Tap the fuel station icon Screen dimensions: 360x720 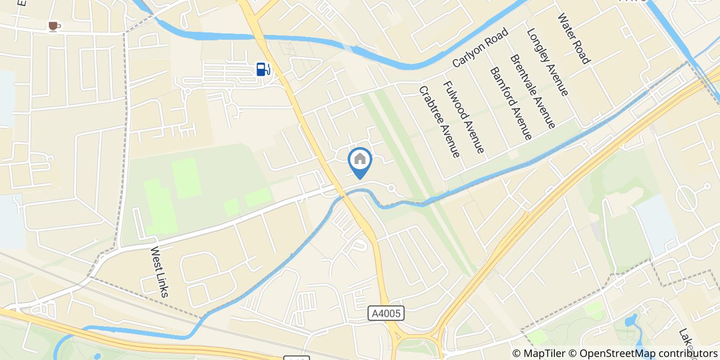pos(263,69)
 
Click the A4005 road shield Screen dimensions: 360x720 pos(386,313)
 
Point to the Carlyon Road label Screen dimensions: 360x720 pos(480,48)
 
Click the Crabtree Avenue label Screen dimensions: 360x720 pos(439,121)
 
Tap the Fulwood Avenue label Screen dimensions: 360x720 pos(463,117)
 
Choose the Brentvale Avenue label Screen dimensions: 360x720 pos(532,91)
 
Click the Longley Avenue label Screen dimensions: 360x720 pos(547,62)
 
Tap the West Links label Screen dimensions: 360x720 pos(159,272)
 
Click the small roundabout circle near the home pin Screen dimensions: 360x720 pos(391,188)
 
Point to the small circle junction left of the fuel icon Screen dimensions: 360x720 pos(187,91)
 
